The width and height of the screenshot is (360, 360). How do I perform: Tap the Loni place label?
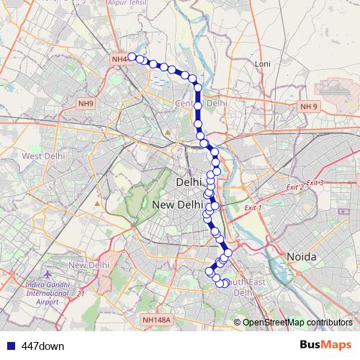tap(263, 64)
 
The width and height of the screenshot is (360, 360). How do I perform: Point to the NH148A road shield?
tap(156, 320)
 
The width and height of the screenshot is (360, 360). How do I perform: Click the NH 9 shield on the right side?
tap(308, 107)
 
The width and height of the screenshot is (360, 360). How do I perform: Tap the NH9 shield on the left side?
tap(86, 104)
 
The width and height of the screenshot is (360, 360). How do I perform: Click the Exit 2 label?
tap(294, 187)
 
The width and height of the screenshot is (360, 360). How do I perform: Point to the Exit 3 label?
tap(314, 183)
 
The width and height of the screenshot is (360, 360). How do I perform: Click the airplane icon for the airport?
tap(48, 276)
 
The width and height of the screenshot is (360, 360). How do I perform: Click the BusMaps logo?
tap(325, 345)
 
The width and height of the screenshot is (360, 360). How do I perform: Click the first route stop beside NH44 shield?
tap(132, 56)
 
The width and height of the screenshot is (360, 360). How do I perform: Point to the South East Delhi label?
tap(241, 288)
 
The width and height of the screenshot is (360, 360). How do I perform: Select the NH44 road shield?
tap(119, 58)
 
